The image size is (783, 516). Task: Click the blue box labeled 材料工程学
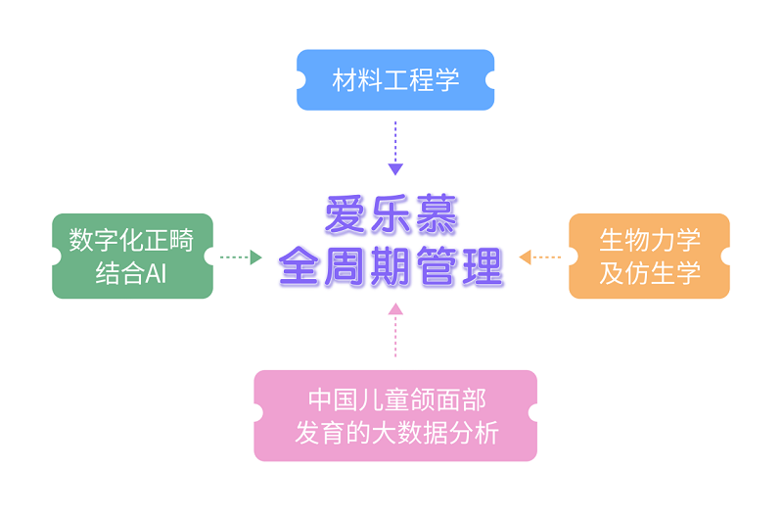point(395,80)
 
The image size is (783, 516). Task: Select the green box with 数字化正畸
point(132,257)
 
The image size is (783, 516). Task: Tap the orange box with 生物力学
point(649,257)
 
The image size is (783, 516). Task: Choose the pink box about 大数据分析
point(395,416)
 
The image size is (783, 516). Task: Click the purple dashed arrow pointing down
point(395,147)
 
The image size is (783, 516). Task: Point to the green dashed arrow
point(240,258)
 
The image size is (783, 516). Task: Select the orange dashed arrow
point(540,258)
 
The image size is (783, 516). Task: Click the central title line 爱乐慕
point(391,216)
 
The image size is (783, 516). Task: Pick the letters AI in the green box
point(156,273)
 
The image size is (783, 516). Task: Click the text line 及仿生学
point(650,273)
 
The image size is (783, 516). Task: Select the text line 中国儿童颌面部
point(396,400)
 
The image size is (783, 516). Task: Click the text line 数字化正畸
point(132,240)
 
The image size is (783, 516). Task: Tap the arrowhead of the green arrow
point(256,258)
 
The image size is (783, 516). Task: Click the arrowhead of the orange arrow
point(525,258)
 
